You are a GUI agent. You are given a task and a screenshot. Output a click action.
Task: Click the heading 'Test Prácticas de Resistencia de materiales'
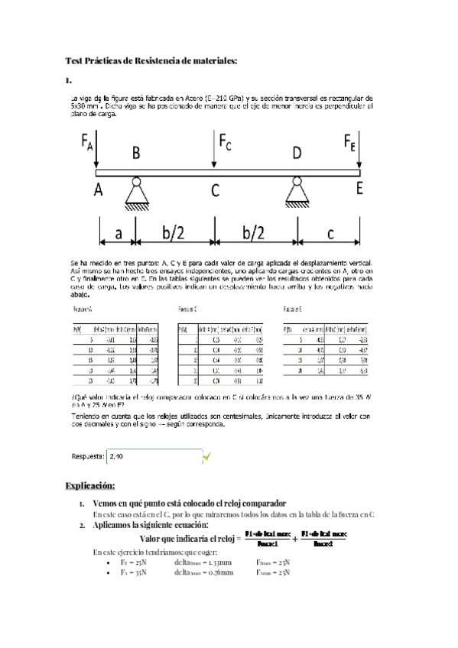pyautogui.click(x=152, y=60)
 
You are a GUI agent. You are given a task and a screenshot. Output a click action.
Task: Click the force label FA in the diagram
pyautogui.click(x=87, y=141)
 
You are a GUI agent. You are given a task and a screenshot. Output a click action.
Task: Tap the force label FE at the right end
pyautogui.click(x=349, y=141)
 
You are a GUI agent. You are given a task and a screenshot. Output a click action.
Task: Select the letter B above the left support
pyautogui.click(x=135, y=154)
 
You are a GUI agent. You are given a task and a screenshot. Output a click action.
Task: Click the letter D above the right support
pyautogui.click(x=296, y=154)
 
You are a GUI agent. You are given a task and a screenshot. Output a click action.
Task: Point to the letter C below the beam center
pyautogui.click(x=216, y=190)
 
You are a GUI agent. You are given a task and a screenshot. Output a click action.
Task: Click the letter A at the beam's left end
pyautogui.click(x=99, y=190)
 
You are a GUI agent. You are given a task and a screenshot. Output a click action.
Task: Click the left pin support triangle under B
pyautogui.click(x=136, y=193)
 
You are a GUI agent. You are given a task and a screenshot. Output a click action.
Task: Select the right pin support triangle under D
pyautogui.click(x=296, y=193)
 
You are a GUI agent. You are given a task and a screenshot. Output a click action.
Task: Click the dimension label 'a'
pyautogui.click(x=117, y=230)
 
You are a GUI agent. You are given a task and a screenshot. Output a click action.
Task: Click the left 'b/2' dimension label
pyautogui.click(x=174, y=231)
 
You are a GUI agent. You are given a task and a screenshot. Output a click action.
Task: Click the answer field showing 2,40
pyautogui.click(x=153, y=456)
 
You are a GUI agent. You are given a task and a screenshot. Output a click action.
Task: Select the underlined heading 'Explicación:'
pyautogui.click(x=90, y=485)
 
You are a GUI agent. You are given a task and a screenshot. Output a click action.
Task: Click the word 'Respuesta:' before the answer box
pyautogui.click(x=87, y=456)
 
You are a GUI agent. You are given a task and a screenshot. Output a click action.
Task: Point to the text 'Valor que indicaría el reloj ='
pyautogui.click(x=190, y=539)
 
